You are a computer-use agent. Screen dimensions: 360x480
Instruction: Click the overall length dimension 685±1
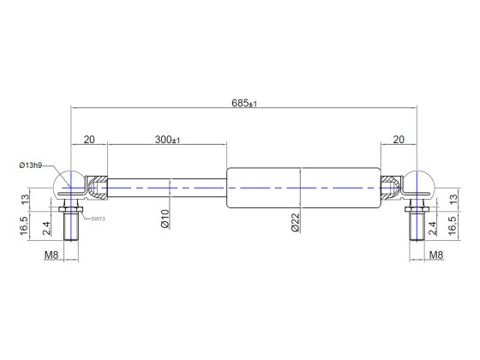coord(244,103)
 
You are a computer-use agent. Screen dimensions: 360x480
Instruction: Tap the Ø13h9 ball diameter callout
coord(33,165)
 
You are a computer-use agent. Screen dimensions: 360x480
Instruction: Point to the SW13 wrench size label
coord(97,219)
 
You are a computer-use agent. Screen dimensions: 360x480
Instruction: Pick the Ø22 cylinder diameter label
coord(294,225)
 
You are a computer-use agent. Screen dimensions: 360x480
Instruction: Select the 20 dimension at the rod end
coord(88,140)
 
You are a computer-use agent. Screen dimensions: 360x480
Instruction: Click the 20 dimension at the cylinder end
coord(399,140)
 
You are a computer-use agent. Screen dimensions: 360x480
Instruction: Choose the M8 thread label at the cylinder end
coord(435,255)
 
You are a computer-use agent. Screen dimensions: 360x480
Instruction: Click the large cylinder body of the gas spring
coord(300,187)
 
